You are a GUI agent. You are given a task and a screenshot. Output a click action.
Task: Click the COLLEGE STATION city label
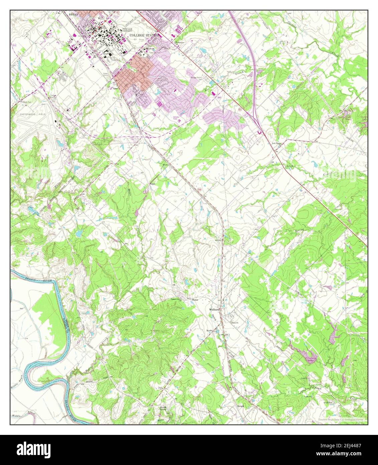coord(141,35)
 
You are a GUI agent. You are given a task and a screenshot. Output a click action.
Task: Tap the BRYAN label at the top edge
coord(73,15)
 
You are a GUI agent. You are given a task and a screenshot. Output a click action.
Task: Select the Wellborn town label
coord(214,309)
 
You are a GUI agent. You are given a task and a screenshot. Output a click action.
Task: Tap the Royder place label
coord(209,331)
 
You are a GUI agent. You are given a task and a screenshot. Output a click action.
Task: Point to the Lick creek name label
coord(290,166)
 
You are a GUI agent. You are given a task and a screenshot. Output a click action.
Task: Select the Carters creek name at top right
coord(293,23)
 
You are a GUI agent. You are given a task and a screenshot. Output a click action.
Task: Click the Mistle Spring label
coord(163,407)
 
